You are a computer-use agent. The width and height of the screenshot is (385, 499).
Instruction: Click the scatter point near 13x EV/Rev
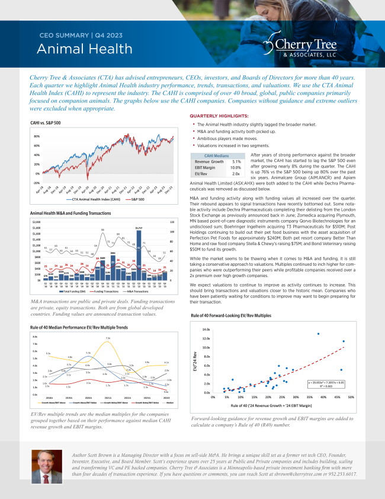pos(318,334)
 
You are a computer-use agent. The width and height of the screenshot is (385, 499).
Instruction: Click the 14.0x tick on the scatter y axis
pos(206,329)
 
